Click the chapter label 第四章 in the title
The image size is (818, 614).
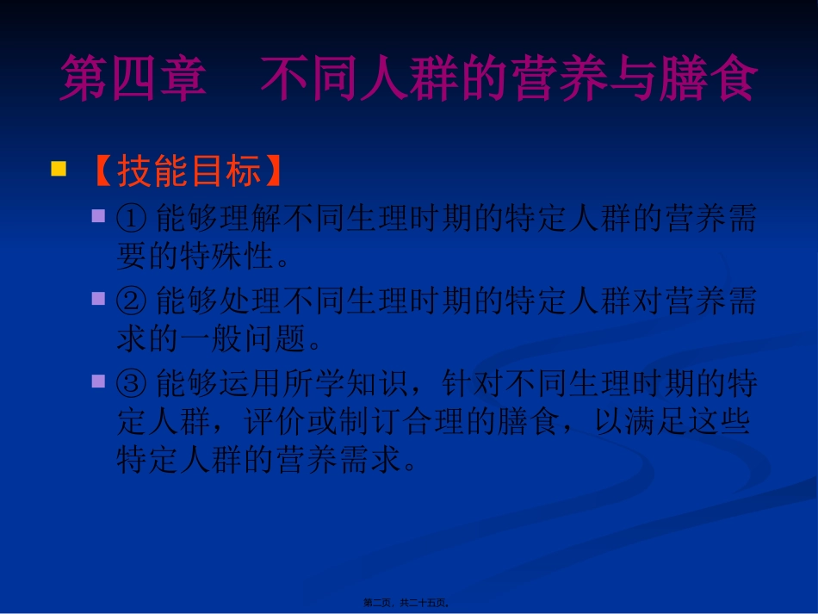click(x=133, y=80)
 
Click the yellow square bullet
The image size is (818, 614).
click(x=59, y=168)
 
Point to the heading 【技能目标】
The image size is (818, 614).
click(x=187, y=172)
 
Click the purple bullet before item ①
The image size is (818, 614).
click(x=100, y=215)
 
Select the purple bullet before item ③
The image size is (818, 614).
click(x=100, y=381)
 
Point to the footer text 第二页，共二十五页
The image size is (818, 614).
click(x=409, y=604)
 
